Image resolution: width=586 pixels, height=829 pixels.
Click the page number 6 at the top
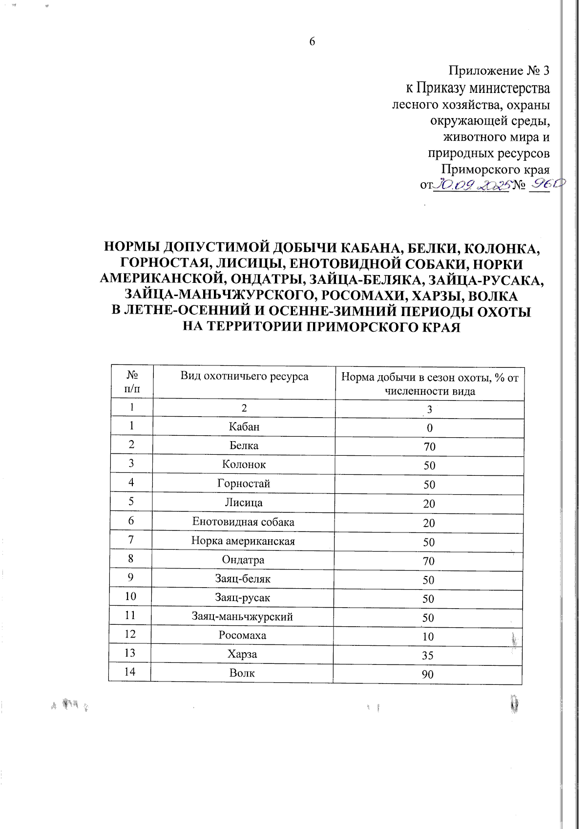(312, 42)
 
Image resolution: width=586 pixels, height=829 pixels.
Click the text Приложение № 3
(499, 71)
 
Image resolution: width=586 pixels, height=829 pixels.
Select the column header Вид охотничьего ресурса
(244, 376)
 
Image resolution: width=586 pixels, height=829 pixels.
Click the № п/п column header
(132, 382)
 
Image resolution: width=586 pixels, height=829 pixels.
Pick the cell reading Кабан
(244, 427)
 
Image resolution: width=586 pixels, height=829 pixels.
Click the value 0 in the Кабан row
(430, 428)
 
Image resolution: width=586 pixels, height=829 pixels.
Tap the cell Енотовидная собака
(243, 522)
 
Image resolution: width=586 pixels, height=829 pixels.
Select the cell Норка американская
(243, 541)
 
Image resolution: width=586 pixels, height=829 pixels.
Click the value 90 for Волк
(428, 675)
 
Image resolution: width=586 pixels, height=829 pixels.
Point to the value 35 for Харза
(428, 656)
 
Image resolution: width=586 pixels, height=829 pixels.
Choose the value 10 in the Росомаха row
(428, 637)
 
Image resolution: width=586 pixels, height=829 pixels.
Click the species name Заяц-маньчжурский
(242, 617)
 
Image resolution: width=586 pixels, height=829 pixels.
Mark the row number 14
(129, 672)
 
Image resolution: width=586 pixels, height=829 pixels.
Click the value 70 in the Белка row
(430, 447)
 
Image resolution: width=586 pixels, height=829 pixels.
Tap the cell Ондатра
(243, 560)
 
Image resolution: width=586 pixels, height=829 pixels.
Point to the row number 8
(131, 558)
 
